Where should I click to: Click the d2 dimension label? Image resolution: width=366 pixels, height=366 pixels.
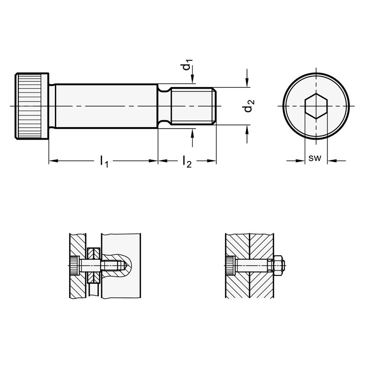click(x=249, y=106)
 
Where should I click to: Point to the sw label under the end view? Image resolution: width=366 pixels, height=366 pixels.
click(x=315, y=158)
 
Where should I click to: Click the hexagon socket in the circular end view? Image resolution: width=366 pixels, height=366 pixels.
click(x=316, y=106)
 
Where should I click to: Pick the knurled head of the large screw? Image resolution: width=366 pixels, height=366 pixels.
click(x=32, y=106)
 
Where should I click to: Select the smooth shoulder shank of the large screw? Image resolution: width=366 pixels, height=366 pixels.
click(x=107, y=106)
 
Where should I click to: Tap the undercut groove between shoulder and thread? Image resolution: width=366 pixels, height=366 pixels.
click(x=164, y=106)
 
